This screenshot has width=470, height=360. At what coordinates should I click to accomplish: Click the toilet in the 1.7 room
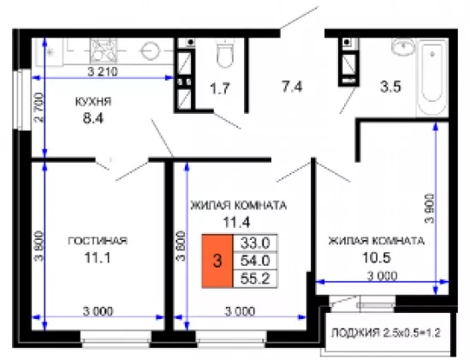point(224,53)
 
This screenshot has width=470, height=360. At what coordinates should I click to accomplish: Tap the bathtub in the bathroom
point(432,78)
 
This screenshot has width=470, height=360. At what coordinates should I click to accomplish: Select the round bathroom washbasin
point(403,47)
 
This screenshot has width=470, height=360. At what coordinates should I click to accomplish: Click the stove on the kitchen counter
point(104,51)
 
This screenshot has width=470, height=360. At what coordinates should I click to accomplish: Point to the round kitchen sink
point(150,51)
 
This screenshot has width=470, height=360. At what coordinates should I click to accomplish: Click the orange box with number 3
point(217,261)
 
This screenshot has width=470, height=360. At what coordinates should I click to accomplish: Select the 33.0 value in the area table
point(255,243)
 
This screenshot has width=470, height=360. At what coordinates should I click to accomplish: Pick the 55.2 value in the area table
point(255,279)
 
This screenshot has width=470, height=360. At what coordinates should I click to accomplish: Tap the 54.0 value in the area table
point(255,261)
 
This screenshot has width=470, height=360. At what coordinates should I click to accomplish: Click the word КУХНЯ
point(93,102)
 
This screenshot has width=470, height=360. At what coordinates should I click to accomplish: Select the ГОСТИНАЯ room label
point(98,241)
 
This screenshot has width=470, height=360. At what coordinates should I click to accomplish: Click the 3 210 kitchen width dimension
point(103,72)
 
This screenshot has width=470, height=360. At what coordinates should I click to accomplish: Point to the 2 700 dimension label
point(39,108)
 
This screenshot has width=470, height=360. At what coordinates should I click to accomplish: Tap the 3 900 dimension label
point(430,208)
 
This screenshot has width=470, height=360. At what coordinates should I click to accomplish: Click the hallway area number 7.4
point(292,87)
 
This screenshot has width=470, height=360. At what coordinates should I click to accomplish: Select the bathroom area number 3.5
point(390,87)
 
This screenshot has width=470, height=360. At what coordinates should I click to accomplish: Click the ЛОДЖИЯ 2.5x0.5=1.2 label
point(386,333)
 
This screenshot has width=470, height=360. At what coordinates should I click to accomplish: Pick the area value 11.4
point(236,223)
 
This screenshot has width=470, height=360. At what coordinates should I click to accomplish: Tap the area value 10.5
point(377,257)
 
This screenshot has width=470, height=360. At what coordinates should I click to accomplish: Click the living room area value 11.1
point(98,257)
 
